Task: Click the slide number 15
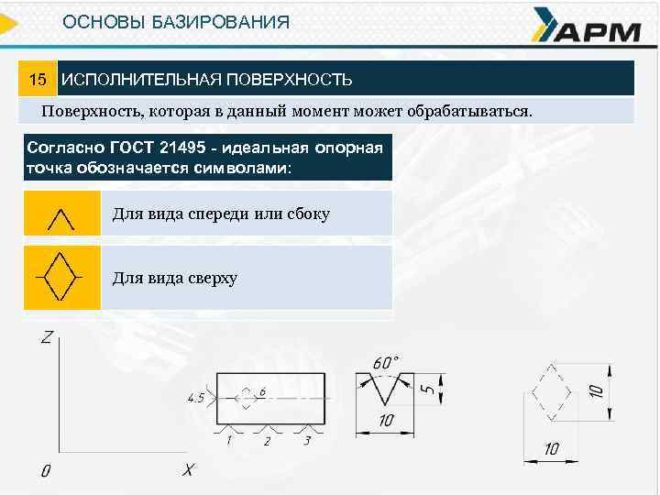[38, 80]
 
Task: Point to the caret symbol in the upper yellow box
[60, 218]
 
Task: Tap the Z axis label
[46, 338]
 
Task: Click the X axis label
[187, 469]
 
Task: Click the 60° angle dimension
[385, 361]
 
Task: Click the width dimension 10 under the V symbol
[385, 421]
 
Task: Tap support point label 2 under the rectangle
[267, 441]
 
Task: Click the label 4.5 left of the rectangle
[196, 398]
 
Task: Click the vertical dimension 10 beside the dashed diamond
[598, 390]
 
